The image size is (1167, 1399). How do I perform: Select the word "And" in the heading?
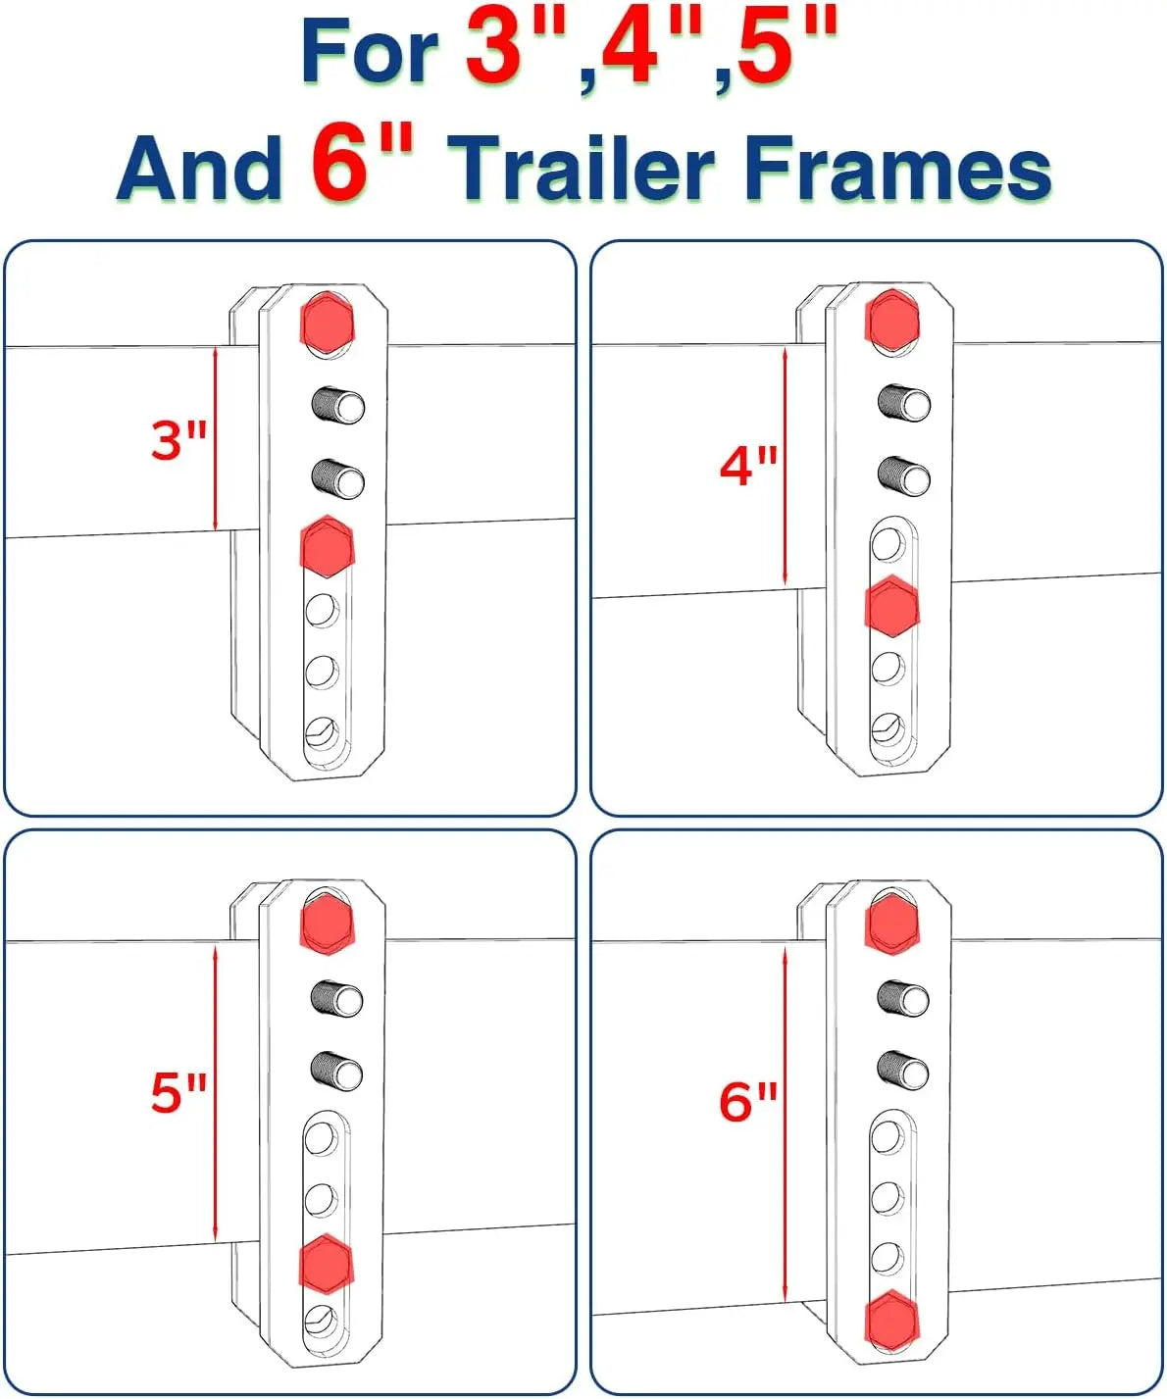pyautogui.click(x=199, y=168)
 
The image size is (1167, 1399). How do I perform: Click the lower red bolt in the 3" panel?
pyautogui.click(x=327, y=546)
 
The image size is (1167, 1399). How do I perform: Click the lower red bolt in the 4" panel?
pyautogui.click(x=891, y=606)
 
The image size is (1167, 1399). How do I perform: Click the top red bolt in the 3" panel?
pyautogui.click(x=327, y=323)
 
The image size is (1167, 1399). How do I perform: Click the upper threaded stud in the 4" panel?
pyautogui.click(x=903, y=403)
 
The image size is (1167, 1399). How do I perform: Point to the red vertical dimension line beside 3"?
pyautogui.click(x=216, y=438)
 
